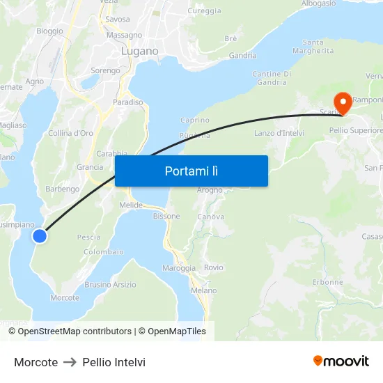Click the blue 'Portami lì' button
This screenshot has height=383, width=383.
tap(191, 171)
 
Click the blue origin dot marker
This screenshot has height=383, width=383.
tap(40, 236)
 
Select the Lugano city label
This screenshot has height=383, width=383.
tap(139, 52)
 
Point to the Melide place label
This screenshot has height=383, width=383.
tap(131, 205)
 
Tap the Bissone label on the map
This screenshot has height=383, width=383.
tap(166, 216)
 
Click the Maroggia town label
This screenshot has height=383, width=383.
tap(179, 268)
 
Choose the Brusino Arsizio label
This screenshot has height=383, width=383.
tap(110, 284)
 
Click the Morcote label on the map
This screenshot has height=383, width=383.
tap(65, 297)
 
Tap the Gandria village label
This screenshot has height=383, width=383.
tap(242, 56)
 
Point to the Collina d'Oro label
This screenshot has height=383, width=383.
tap(70, 133)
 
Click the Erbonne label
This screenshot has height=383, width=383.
tap(327, 282)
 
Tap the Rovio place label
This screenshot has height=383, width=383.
tap(214, 267)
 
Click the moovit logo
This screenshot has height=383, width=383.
tap(341, 361)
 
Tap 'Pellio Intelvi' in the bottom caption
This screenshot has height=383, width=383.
tap(114, 362)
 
